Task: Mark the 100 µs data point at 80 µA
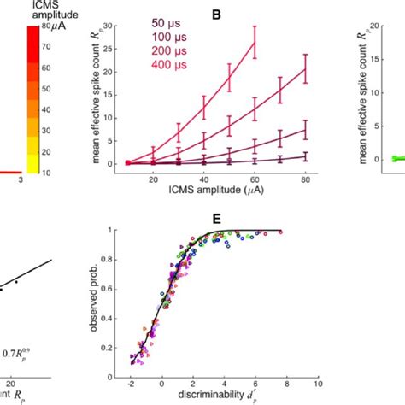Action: click(x=305, y=131)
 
